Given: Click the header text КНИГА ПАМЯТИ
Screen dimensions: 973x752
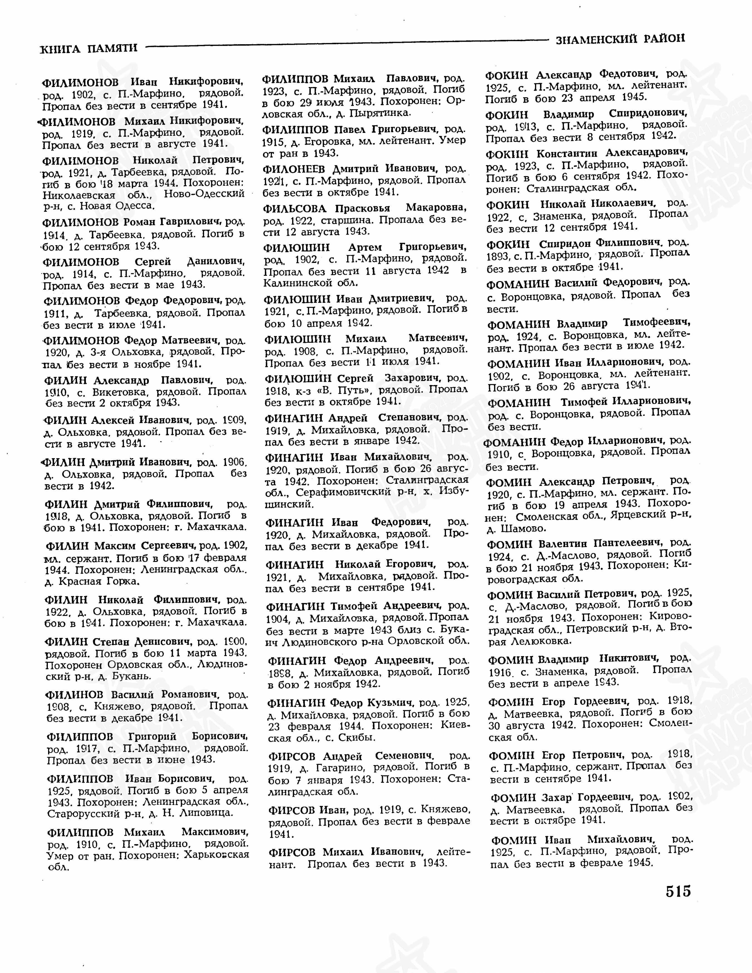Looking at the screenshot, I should coord(89,48).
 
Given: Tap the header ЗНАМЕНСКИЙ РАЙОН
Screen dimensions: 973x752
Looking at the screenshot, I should coord(620,39).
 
